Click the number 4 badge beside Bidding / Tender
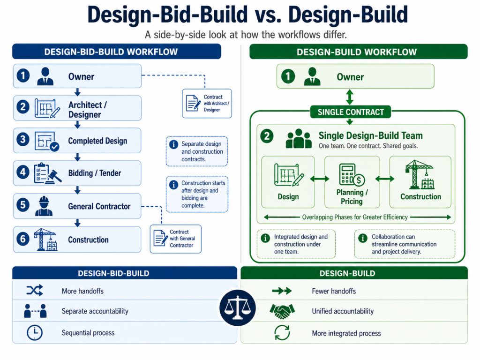pyautogui.click(x=23, y=172)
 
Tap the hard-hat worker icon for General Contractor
pyautogui.click(x=44, y=206)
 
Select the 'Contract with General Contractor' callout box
pyautogui.click(x=176, y=239)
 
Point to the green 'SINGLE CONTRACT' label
pyautogui.click(x=351, y=112)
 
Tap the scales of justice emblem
pyautogui.click(x=238, y=307)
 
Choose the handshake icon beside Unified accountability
pyautogui.click(x=282, y=311)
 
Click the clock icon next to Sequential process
pyautogui.click(x=35, y=333)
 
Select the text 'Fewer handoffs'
pyautogui.click(x=334, y=291)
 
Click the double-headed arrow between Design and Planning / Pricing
pyautogui.click(x=320, y=179)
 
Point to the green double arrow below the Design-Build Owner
pyautogui.click(x=350, y=97)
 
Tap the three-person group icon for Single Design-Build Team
pyautogui.click(x=299, y=139)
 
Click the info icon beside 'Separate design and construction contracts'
pyautogui.click(x=173, y=144)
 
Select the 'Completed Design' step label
pyautogui.click(x=97, y=141)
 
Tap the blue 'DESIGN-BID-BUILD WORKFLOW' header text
pyautogui.click(x=111, y=52)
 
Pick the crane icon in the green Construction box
pyautogui.click(x=420, y=175)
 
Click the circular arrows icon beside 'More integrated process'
pyautogui.click(x=282, y=333)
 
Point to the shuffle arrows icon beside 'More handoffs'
pyautogui.click(x=35, y=291)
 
